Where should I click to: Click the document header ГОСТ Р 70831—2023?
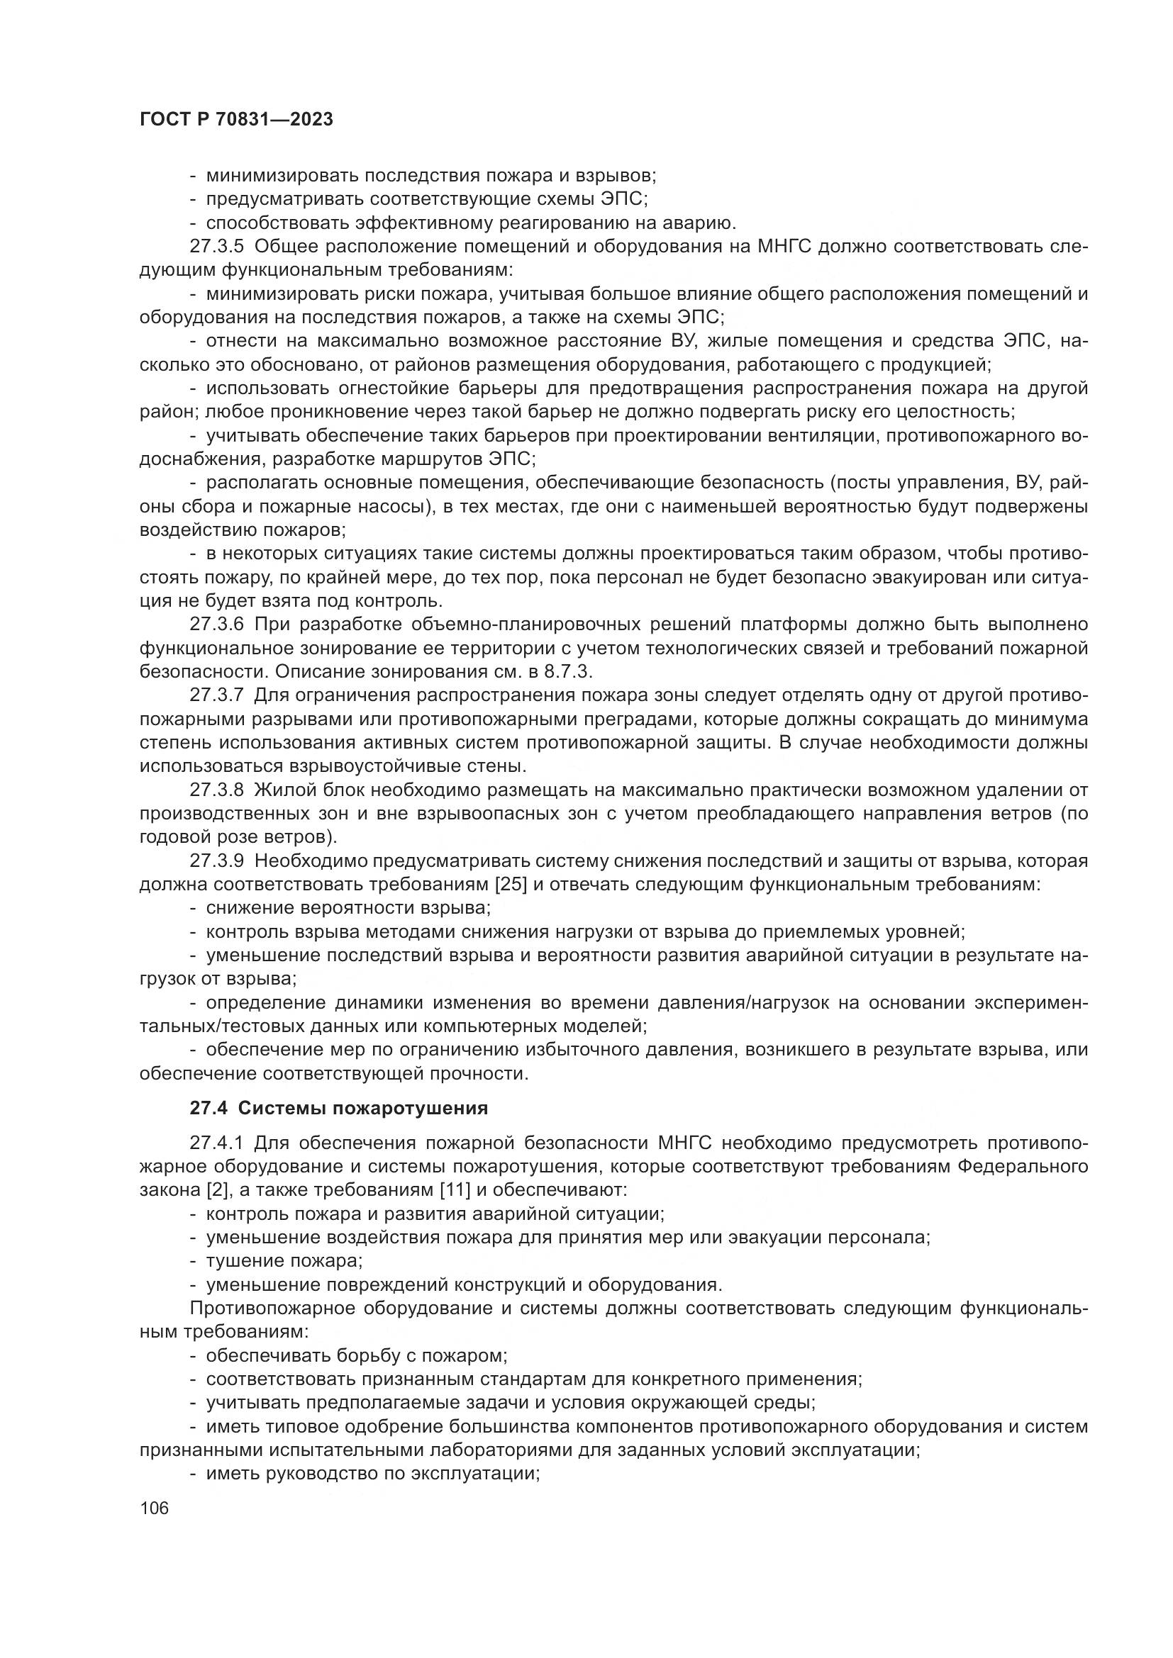pyautogui.click(x=236, y=120)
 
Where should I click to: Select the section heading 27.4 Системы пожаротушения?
pyautogui.click(x=339, y=1108)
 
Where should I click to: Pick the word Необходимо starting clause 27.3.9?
pyautogui.click(x=312, y=861)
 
